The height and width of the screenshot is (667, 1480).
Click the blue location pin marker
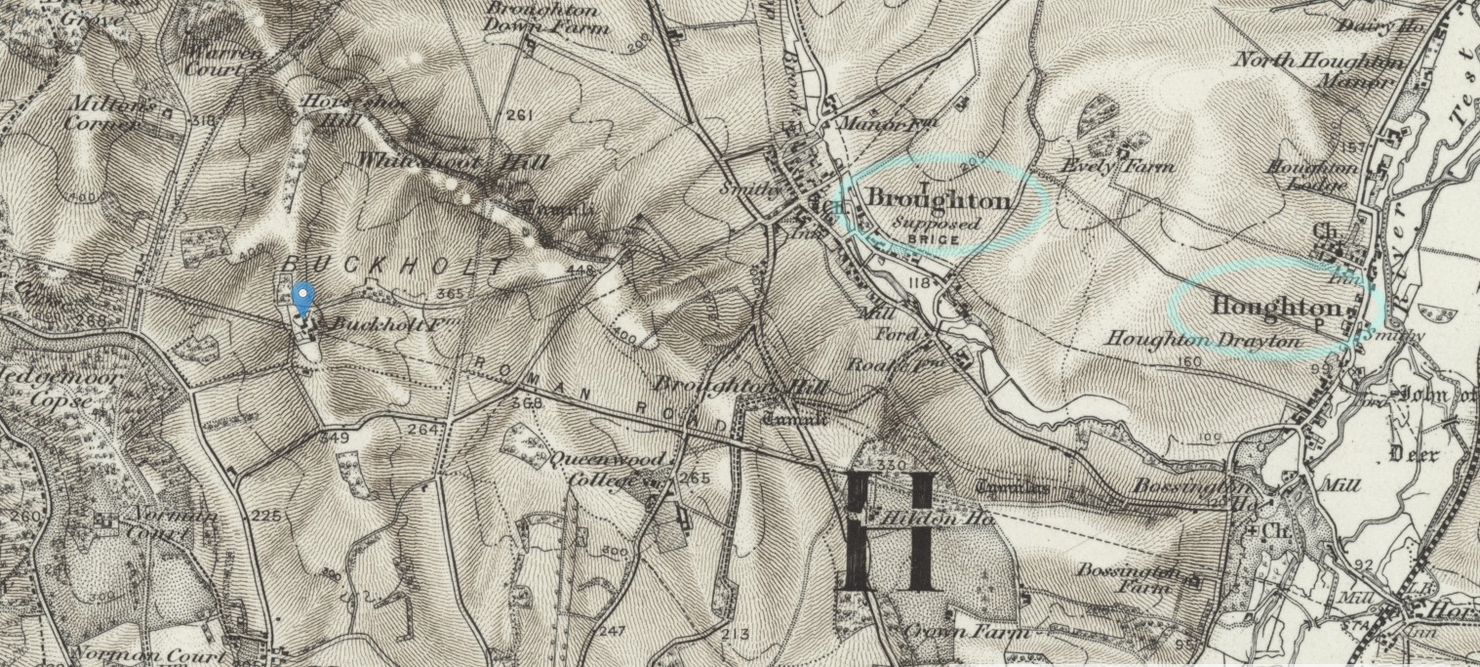(x=303, y=297)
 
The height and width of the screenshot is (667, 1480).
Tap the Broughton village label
(x=938, y=200)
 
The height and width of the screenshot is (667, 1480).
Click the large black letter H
(x=890, y=531)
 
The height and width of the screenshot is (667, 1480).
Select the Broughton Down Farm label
(x=547, y=19)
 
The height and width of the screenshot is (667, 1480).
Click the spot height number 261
(x=521, y=116)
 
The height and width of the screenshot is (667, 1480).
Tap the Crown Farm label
(x=967, y=632)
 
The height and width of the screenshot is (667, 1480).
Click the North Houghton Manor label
(x=1319, y=70)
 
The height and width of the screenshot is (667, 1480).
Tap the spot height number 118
(x=916, y=282)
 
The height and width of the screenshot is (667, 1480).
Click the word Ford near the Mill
(x=902, y=335)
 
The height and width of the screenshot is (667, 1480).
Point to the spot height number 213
(x=738, y=635)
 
